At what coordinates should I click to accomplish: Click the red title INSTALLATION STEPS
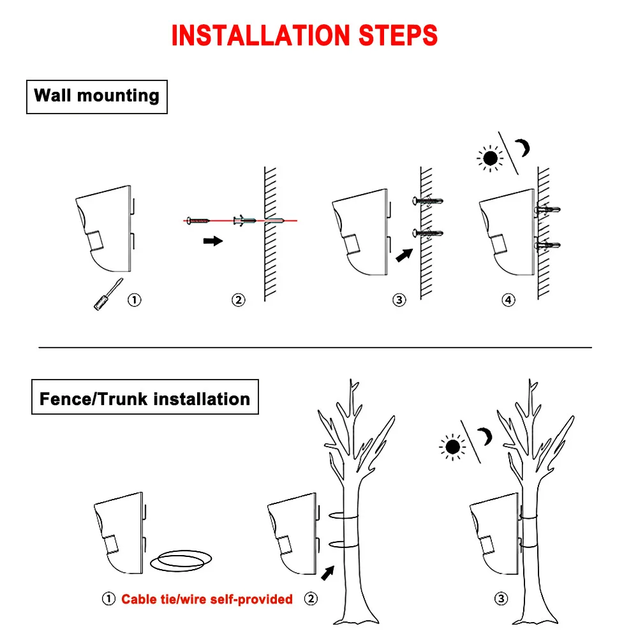point(304,36)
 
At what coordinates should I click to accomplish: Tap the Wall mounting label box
point(97,96)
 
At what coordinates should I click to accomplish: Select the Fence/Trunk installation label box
point(145,399)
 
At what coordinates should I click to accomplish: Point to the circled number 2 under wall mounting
point(238,300)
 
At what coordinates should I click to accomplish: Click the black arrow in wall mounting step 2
point(212,241)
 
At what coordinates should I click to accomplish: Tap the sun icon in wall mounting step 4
point(490,158)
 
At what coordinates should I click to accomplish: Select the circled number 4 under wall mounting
point(508,300)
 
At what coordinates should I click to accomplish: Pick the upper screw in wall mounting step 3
point(427,202)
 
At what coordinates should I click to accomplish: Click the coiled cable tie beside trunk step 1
point(182,561)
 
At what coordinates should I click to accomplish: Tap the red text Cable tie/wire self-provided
point(207,599)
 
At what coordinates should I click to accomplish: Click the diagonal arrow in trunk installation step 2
point(327,572)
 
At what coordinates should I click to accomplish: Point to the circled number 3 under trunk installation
point(502,598)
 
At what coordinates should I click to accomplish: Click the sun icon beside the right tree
point(453,447)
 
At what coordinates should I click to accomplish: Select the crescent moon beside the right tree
point(486,437)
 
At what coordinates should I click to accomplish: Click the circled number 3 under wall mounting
point(399,300)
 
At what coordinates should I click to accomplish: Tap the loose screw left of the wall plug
point(198,221)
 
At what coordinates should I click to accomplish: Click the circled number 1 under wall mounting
point(135,300)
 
